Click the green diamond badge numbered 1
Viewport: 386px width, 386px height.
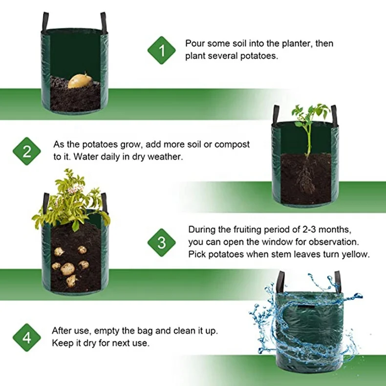[x=161, y=50]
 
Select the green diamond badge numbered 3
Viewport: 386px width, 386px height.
[x=161, y=242]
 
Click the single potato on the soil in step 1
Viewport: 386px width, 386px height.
[x=80, y=81]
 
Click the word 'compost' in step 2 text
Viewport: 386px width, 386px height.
[x=234, y=145]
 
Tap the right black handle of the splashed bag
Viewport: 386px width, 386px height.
[x=337, y=281]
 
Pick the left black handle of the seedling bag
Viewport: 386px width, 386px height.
[x=276, y=115]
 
